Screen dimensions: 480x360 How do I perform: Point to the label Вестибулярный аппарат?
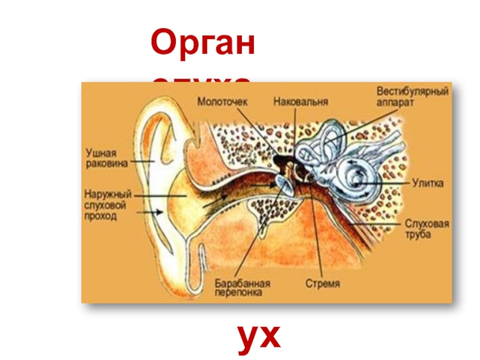point(413,97)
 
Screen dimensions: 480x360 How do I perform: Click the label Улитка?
point(428,182)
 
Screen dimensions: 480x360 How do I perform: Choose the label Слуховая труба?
point(427,229)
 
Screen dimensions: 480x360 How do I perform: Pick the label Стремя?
point(322,282)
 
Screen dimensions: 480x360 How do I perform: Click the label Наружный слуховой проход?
point(108,204)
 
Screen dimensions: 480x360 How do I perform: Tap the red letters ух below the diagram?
point(259,337)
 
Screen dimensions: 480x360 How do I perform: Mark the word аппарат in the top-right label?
point(395,103)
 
